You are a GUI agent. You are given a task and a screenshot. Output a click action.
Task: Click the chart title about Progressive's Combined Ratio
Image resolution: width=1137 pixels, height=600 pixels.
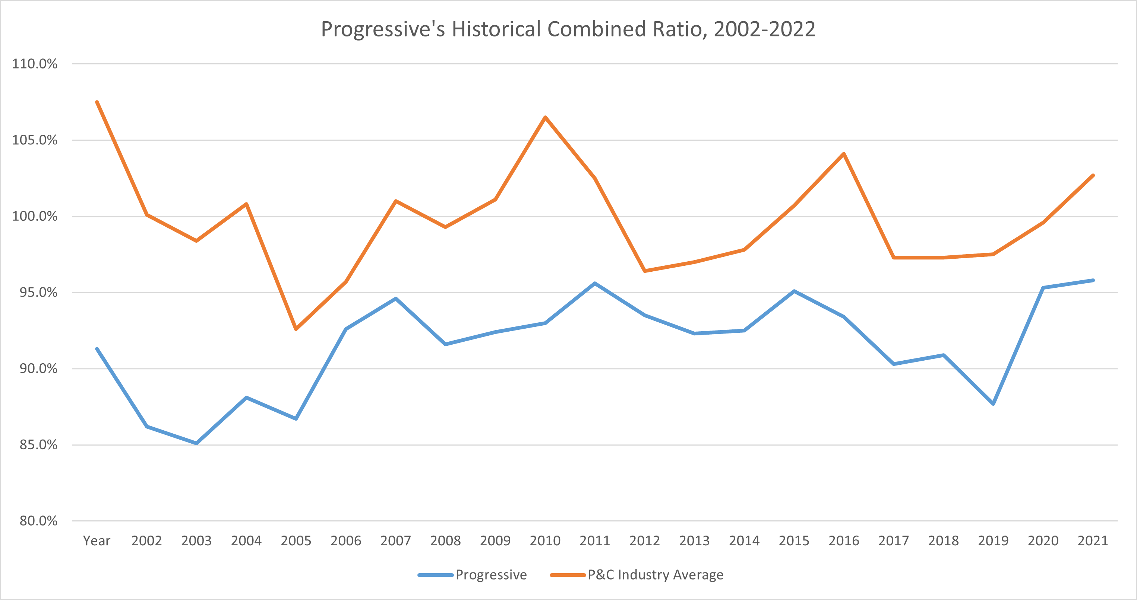click(x=568, y=29)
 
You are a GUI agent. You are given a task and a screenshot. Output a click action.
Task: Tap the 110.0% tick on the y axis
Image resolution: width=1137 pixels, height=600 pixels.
click(x=34, y=64)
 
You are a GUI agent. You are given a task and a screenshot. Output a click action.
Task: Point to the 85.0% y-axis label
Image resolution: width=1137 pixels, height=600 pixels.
click(x=38, y=445)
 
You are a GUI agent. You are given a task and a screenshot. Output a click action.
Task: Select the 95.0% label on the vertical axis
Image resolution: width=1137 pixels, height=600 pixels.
click(x=38, y=292)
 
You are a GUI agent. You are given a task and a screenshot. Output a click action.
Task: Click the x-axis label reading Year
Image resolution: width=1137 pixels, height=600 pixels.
click(x=96, y=540)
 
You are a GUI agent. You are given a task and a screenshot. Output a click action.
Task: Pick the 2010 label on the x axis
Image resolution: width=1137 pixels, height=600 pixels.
click(x=545, y=540)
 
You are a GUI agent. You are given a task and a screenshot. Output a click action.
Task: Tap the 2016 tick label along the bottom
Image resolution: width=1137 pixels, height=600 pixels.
click(x=843, y=540)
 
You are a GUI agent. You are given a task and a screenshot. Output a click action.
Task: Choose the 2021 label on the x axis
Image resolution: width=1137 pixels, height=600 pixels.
click(x=1092, y=540)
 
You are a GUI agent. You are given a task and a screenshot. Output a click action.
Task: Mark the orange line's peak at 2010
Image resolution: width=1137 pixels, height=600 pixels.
click(x=545, y=117)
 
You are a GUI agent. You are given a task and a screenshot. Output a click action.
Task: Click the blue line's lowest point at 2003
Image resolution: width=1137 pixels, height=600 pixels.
click(x=196, y=443)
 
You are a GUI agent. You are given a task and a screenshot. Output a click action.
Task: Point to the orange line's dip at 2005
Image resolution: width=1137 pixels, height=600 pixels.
click(x=296, y=329)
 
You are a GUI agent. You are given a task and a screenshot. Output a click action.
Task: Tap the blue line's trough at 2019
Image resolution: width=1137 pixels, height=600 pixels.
click(x=993, y=403)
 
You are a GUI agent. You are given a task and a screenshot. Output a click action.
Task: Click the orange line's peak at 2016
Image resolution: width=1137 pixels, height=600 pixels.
click(x=843, y=154)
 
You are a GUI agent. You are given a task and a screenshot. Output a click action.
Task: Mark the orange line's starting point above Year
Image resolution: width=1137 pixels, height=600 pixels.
click(x=97, y=102)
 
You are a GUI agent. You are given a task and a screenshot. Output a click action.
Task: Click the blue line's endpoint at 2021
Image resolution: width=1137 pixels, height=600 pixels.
click(x=1093, y=280)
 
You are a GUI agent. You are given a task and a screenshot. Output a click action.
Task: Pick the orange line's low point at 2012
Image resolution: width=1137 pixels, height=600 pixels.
click(x=644, y=271)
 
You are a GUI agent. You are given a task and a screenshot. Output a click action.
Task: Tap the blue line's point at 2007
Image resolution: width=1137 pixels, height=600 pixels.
click(x=395, y=299)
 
